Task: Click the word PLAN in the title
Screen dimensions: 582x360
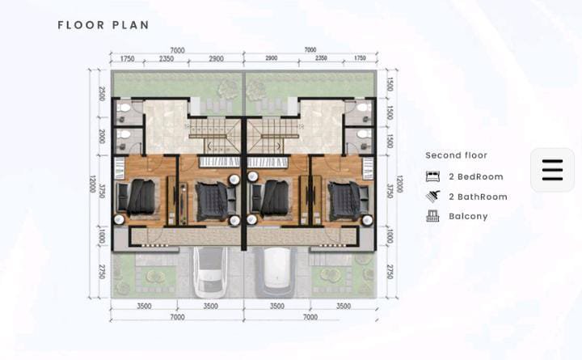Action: click(131, 25)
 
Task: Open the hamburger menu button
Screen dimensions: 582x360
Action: click(552, 170)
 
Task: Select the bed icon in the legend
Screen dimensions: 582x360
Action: click(432, 176)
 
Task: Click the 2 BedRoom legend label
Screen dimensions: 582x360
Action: click(476, 176)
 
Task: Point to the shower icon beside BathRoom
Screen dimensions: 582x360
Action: click(432, 196)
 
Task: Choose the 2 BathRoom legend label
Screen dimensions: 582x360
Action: click(478, 197)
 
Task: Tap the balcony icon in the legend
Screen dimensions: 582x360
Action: click(432, 216)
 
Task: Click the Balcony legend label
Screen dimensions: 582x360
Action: click(468, 216)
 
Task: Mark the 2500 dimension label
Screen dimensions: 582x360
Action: click(102, 94)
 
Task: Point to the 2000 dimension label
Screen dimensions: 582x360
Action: click(102, 137)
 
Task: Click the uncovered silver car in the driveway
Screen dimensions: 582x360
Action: click(210, 273)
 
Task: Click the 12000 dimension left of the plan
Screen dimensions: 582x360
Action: click(92, 184)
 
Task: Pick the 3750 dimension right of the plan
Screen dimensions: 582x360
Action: click(390, 191)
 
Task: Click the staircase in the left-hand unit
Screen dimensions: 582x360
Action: click(214, 135)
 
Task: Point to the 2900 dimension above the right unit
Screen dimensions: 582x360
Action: click(272, 58)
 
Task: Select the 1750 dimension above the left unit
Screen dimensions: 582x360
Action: click(128, 59)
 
